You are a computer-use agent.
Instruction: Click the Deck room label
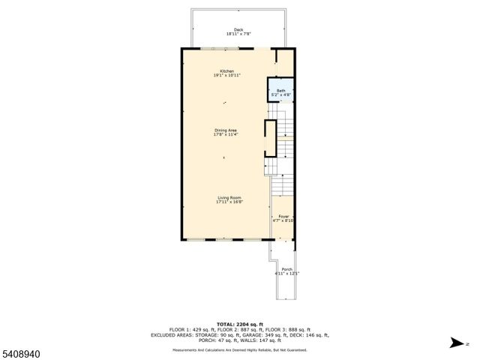(238, 30)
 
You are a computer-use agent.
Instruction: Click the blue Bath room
(281, 91)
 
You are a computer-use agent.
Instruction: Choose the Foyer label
(283, 217)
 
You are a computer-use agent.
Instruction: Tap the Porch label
(286, 268)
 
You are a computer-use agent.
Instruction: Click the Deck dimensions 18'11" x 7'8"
(238, 34)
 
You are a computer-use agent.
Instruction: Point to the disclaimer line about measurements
(240, 349)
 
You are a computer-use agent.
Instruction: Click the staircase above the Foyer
(282, 184)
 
